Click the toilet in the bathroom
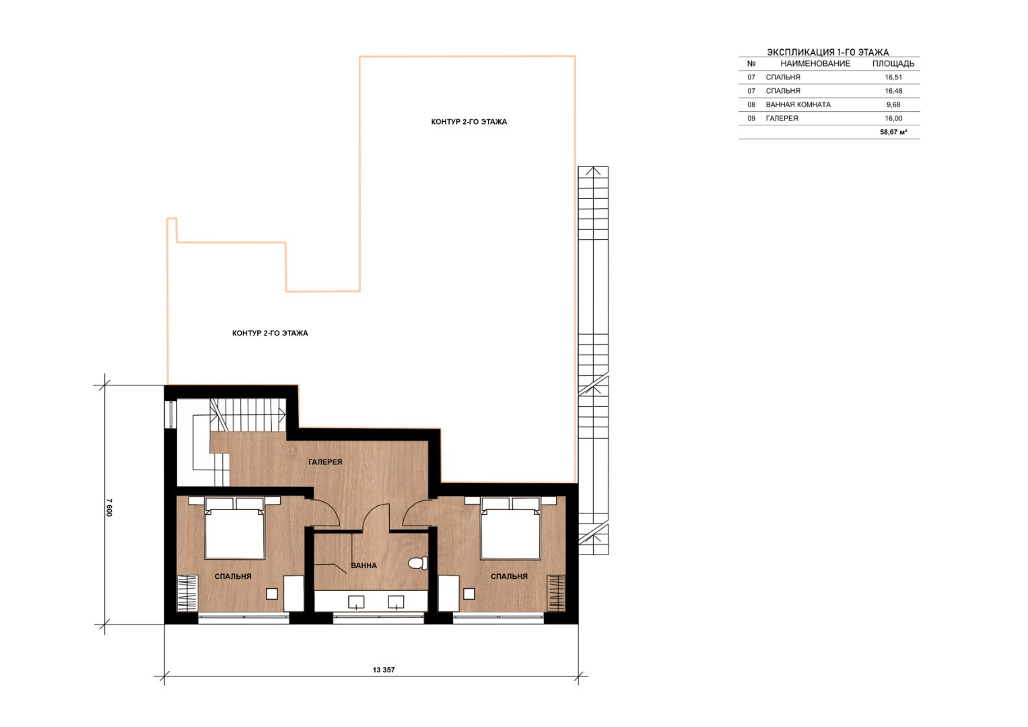click(x=418, y=563)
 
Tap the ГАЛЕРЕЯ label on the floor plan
click(x=325, y=462)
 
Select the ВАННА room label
click(x=364, y=565)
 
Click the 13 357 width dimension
click(x=384, y=670)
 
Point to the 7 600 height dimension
click(x=109, y=507)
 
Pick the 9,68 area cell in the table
click(x=893, y=104)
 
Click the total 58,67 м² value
click(x=893, y=132)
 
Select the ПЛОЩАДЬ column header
click(x=893, y=64)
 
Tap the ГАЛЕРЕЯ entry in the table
click(x=782, y=119)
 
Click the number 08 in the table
click(x=751, y=104)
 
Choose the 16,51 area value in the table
click(x=893, y=77)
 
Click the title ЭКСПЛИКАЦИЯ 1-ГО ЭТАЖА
click(x=828, y=53)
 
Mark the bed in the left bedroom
click(x=234, y=528)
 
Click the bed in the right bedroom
click(x=510, y=528)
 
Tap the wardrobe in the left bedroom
click(x=187, y=594)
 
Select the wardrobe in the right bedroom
click(x=556, y=594)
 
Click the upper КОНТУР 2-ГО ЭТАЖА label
click(x=469, y=122)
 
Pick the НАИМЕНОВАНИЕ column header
click(x=815, y=64)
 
